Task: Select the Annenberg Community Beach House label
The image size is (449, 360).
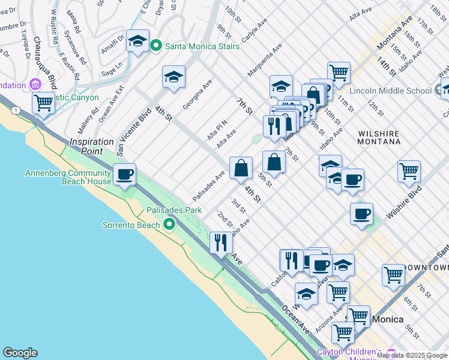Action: click(68, 177)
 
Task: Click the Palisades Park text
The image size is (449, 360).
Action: click(174, 211)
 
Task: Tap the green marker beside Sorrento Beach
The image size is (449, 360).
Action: click(170, 225)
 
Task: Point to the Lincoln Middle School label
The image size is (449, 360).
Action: click(391, 91)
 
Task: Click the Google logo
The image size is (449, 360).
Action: click(20, 353)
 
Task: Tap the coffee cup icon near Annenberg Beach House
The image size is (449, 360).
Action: click(124, 175)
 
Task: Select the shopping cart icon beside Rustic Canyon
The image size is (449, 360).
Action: click(43, 103)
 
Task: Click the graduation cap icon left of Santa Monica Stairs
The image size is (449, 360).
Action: click(138, 41)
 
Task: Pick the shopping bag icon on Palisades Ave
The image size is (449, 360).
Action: click(241, 169)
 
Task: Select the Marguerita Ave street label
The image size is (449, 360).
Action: click(265, 59)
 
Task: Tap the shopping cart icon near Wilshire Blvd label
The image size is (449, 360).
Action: click(409, 171)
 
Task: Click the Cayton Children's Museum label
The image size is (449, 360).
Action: click(349, 352)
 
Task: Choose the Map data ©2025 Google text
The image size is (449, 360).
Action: click(412, 355)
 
